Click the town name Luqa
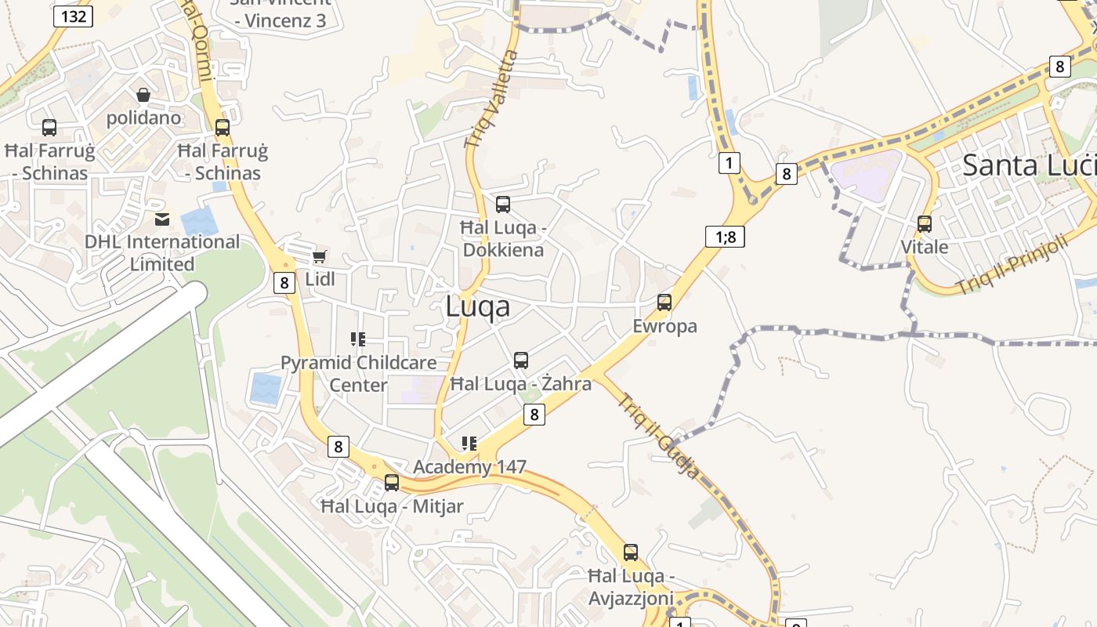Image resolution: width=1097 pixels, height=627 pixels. [477, 307]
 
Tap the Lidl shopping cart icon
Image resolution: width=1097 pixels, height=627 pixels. [319, 256]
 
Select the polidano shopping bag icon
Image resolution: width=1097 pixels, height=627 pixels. [143, 95]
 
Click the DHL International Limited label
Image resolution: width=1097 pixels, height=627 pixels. [162, 252]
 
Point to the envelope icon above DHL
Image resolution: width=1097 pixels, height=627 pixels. [162, 219]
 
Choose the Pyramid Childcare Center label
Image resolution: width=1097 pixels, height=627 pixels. [358, 374]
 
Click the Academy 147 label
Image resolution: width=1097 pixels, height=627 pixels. [469, 467]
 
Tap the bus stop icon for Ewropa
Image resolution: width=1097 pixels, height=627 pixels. [664, 302]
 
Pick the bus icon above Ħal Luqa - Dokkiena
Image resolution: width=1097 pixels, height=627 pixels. [503, 205]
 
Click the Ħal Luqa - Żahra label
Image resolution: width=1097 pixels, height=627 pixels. [520, 384]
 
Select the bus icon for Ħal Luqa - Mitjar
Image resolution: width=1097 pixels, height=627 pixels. [392, 483]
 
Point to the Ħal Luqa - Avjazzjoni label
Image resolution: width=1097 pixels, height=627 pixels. [631, 587]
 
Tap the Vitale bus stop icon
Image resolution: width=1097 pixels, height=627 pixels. [925, 224]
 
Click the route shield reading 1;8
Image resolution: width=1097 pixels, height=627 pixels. [725, 236]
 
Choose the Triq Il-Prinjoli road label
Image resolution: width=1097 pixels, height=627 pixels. [1012, 265]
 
